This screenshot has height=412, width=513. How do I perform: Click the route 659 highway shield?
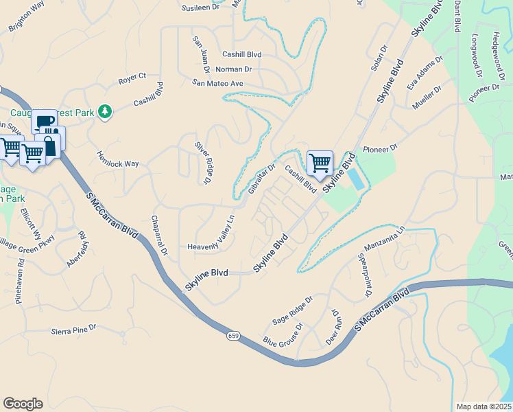click(x=234, y=336)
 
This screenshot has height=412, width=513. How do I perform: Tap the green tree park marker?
click(x=104, y=111)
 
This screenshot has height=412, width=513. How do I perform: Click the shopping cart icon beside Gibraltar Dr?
click(x=320, y=163)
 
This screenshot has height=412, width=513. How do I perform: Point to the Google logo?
click(x=23, y=404)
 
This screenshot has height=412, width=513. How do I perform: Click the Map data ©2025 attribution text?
click(x=484, y=406)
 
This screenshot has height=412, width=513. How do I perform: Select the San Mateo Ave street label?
click(x=217, y=83)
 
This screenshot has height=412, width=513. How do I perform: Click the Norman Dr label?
click(x=233, y=69)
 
